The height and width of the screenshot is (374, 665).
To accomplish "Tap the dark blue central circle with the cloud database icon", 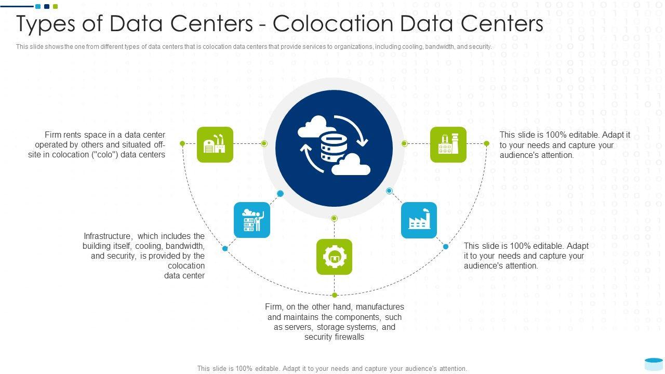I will click(x=334, y=148).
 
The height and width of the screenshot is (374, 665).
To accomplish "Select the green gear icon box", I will click(x=334, y=257).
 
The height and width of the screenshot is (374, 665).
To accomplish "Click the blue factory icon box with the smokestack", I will click(x=419, y=220).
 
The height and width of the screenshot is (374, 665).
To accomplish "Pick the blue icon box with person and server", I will click(x=252, y=220).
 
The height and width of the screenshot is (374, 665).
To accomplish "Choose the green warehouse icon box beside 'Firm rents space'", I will click(x=215, y=144).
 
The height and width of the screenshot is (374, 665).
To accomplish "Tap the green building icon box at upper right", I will click(x=448, y=144).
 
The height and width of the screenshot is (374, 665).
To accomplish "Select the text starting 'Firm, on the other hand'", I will click(x=334, y=322).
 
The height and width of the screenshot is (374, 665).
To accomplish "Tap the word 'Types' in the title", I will click(x=46, y=24).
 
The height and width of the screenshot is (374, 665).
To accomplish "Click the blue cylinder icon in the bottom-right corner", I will click(x=653, y=363).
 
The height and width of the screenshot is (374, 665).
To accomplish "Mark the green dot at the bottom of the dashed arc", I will click(x=335, y=295).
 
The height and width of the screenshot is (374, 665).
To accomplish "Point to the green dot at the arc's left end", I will click(x=182, y=143).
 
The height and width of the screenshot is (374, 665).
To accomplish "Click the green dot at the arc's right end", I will click(x=486, y=143).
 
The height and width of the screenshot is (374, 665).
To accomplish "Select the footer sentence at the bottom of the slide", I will click(x=332, y=368).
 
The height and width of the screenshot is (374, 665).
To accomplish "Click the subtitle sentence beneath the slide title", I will click(x=254, y=47).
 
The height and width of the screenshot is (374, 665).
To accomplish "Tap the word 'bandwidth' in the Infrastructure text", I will click(x=185, y=246).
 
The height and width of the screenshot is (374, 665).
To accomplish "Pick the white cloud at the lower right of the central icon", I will click(x=351, y=165).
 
